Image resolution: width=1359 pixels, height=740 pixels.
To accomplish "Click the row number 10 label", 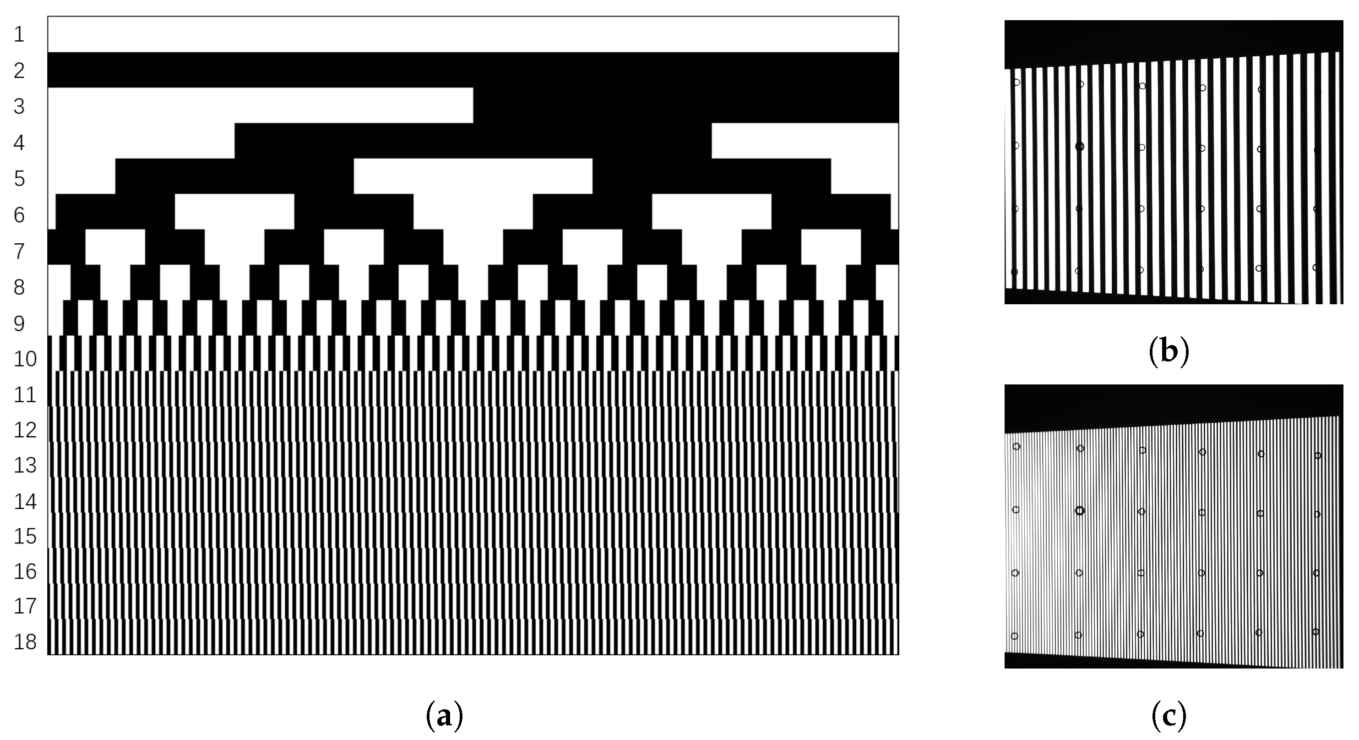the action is tap(25, 359).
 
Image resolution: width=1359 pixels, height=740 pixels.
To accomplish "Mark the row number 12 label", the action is tap(25, 430).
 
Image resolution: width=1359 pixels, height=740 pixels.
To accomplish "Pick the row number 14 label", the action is tap(25, 501).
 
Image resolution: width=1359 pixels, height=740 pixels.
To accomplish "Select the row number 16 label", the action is tap(25, 572).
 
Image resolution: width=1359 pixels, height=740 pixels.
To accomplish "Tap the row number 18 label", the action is tap(25, 642).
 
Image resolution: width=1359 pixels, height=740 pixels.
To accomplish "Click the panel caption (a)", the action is tap(444, 716).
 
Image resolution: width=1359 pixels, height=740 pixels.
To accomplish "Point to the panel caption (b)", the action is tap(1169, 352).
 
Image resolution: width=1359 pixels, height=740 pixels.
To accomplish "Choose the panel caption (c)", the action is tap(1169, 716).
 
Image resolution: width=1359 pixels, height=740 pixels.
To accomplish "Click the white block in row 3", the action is tap(260, 105).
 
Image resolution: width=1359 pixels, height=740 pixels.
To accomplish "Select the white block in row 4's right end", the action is tap(805, 140).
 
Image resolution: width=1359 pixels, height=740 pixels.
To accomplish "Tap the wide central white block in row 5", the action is tap(473, 176).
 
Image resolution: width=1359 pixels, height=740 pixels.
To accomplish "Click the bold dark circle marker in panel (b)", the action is tap(1079, 146).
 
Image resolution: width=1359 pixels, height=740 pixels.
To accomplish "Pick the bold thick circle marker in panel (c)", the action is tap(1079, 510).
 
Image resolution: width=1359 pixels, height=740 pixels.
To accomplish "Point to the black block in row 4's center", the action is tap(473, 140).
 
